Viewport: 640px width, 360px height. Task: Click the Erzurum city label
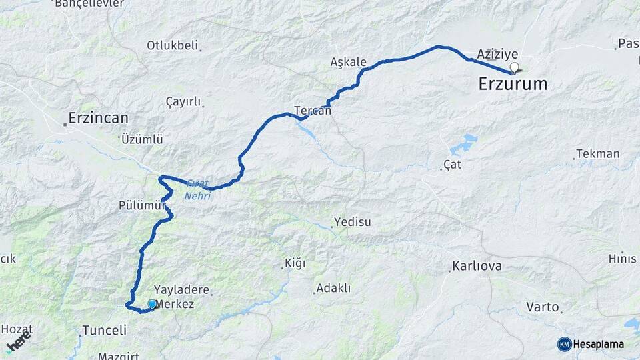tap(513, 84)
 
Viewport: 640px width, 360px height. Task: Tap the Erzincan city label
tap(99, 119)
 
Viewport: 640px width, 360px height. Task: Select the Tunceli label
tap(104, 330)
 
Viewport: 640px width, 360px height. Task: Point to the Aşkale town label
tap(349, 62)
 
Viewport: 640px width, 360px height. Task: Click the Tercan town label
tap(313, 111)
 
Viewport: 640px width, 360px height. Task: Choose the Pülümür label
tap(141, 205)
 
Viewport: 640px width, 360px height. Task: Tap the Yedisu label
tap(352, 222)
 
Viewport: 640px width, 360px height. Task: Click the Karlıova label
tap(477, 266)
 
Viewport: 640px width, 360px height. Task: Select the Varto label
tap(542, 307)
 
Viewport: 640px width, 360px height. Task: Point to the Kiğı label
tap(295, 263)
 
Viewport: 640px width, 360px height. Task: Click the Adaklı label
tap(333, 289)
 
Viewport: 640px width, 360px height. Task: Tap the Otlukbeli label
tap(173, 45)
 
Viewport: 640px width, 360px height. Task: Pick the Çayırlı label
tap(183, 101)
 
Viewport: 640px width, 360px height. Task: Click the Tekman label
tap(598, 154)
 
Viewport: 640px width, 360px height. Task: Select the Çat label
tap(453, 164)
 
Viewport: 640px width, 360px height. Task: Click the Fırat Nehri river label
tap(199, 189)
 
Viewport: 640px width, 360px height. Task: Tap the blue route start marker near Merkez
tap(152, 304)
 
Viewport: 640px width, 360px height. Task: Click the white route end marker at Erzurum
tap(514, 67)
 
